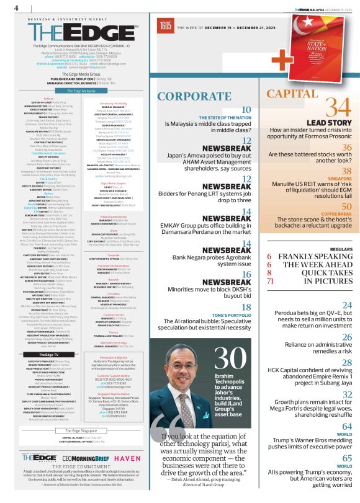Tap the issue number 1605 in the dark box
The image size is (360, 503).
click(x=165, y=26)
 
